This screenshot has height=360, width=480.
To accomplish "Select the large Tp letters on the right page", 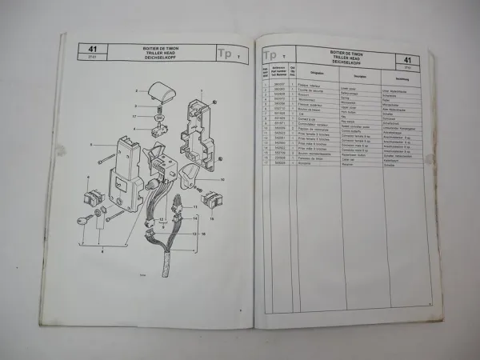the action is click(271, 55).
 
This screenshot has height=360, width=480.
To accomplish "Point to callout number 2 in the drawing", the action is click(138, 93).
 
